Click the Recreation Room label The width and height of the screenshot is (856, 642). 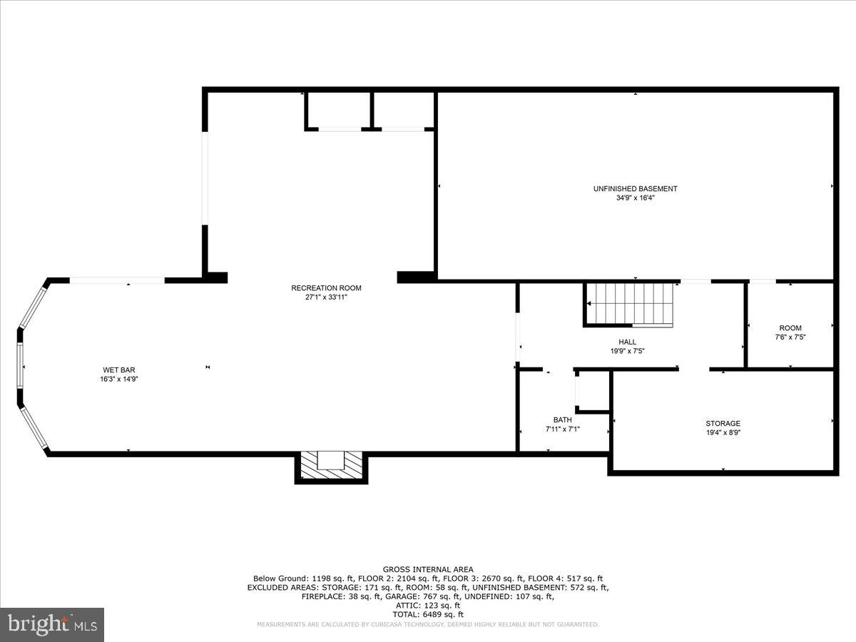coord(326,288)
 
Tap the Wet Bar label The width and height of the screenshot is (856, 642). coord(119,370)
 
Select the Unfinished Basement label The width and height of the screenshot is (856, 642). coord(635,189)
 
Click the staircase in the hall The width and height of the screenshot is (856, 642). coord(629,304)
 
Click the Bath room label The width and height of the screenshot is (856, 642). coord(562,420)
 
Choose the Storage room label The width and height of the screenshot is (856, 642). coord(723,424)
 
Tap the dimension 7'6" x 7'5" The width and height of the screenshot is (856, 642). coord(790,337)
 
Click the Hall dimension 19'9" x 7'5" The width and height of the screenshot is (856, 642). coord(627,351)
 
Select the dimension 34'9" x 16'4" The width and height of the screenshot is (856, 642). coord(635,198)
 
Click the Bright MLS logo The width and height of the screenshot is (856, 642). coord(52,625)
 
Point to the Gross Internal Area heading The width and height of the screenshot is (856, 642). coord(427,569)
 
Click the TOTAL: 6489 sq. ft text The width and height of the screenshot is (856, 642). coord(427,614)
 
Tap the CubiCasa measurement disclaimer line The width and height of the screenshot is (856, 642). coord(427,624)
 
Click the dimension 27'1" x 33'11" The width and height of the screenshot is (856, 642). coord(326,297)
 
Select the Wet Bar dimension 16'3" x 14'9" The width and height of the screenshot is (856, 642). coord(119,379)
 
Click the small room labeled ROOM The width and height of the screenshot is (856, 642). coord(790,328)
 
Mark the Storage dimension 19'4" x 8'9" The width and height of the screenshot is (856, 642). coord(723,433)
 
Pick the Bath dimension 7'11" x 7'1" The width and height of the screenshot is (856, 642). coord(562,429)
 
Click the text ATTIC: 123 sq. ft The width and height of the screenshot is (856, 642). coord(427,605)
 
